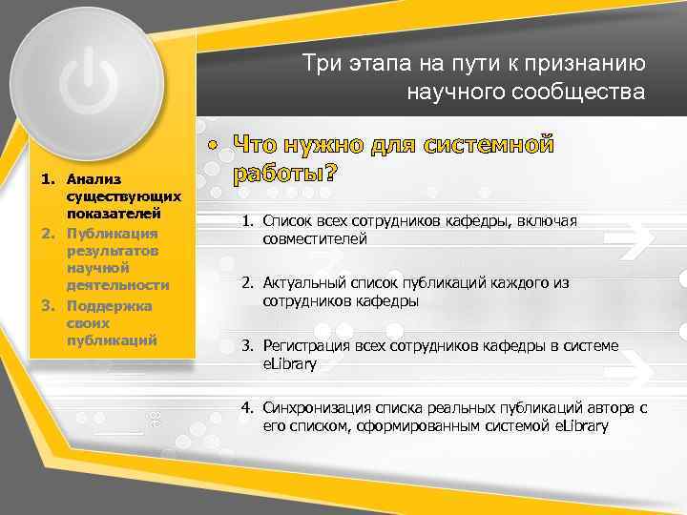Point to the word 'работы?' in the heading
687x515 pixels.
coord(285,175)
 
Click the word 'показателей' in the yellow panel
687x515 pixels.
coord(119,214)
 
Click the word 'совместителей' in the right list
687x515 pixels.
coord(315,239)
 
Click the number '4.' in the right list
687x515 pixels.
coord(246,407)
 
